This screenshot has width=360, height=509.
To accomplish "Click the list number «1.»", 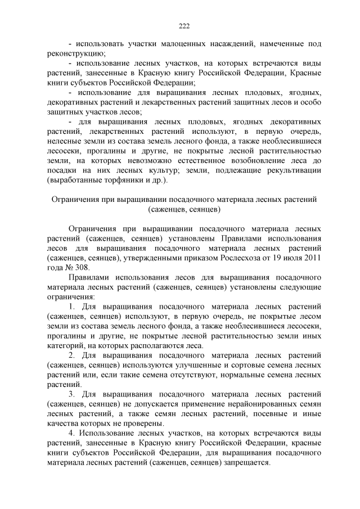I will [x=72, y=307].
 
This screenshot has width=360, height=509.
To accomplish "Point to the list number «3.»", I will [x=72, y=395].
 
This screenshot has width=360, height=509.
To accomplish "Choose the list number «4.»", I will [x=72, y=433].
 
